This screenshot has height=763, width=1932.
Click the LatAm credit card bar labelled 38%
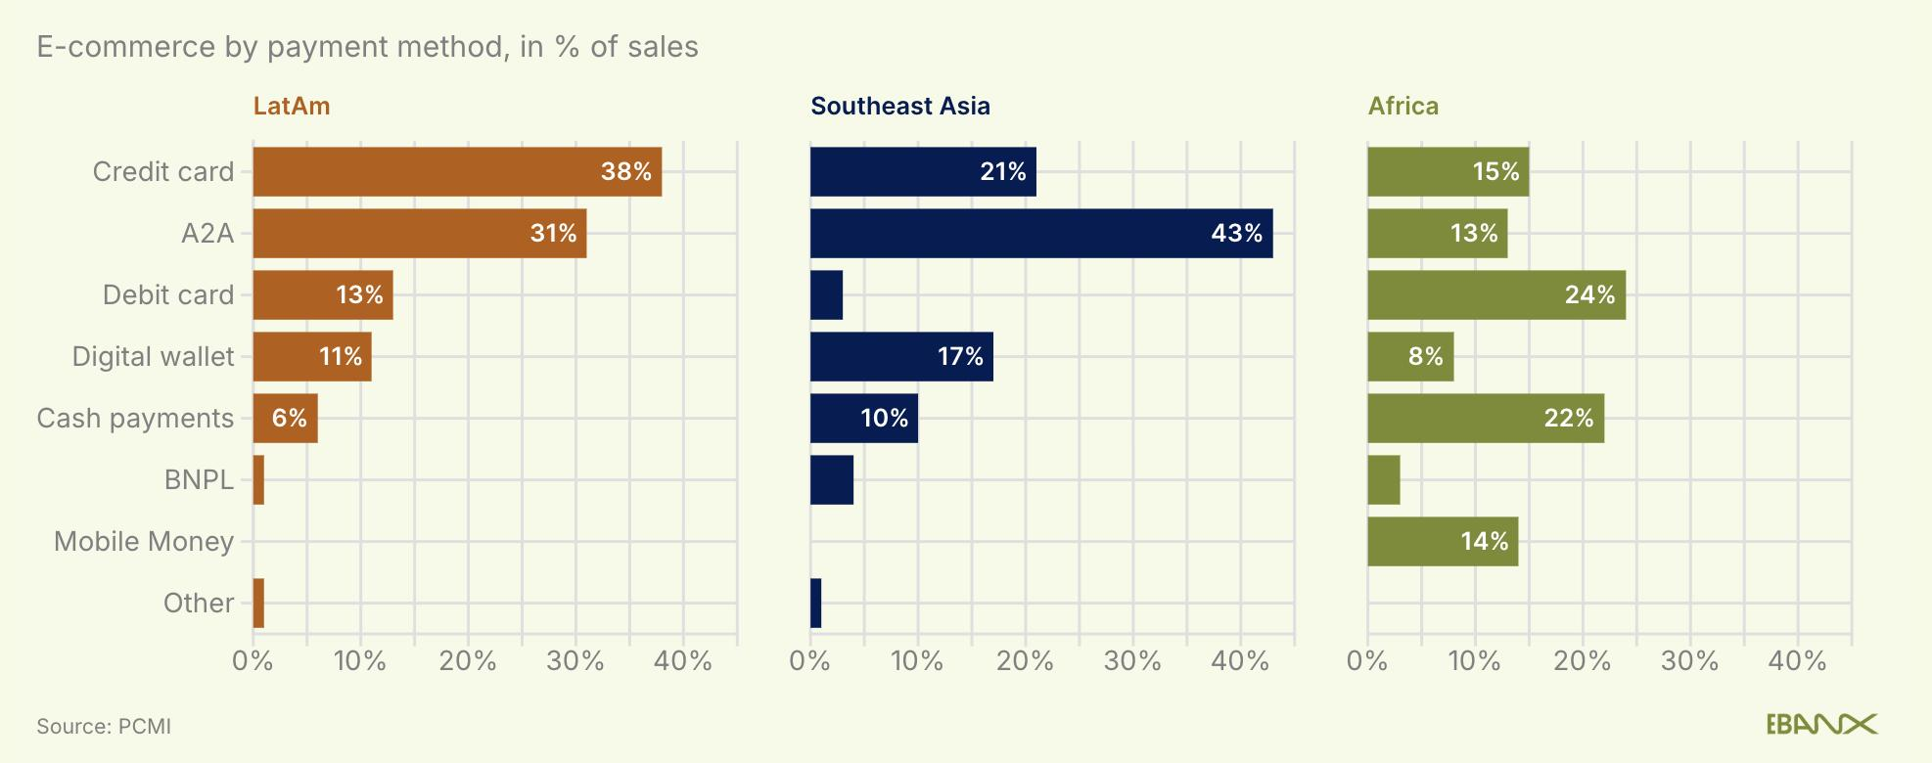click(x=457, y=172)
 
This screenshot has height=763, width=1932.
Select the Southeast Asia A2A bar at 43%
click(x=1040, y=234)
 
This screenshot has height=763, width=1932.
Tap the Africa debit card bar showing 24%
click(x=1495, y=295)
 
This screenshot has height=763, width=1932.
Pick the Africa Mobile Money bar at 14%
click(x=1442, y=542)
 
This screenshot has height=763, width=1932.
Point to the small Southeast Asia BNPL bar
click(x=831, y=480)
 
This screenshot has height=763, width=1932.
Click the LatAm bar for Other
click(x=258, y=604)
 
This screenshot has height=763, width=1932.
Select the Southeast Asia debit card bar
click(x=826, y=295)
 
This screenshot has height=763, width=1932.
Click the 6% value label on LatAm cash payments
click(x=290, y=419)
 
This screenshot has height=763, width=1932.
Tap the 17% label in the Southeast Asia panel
click(x=960, y=357)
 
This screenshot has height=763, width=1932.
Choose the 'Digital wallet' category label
click(x=154, y=357)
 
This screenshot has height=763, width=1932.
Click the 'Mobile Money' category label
click(x=144, y=542)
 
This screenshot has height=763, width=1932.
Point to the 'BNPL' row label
click(x=200, y=480)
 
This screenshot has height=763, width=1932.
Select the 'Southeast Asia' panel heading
click(x=900, y=107)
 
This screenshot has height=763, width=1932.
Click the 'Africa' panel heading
click(x=1403, y=107)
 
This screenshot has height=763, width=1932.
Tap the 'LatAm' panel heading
click(x=292, y=107)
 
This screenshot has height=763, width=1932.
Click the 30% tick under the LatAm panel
click(x=575, y=662)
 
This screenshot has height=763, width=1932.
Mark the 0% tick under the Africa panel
click(x=1367, y=662)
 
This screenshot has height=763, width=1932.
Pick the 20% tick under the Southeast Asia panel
click(x=1025, y=662)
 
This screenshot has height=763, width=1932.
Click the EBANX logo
click(x=1821, y=725)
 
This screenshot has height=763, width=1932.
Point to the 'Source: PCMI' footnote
click(x=104, y=727)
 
